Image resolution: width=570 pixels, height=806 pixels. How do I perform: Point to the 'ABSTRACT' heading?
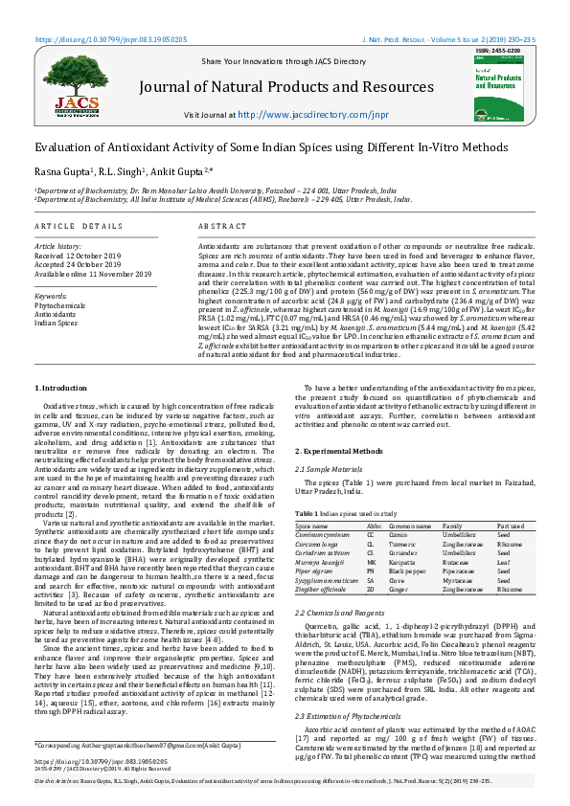coord(219,225)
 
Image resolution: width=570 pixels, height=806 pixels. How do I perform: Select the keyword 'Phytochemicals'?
coord(59,305)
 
